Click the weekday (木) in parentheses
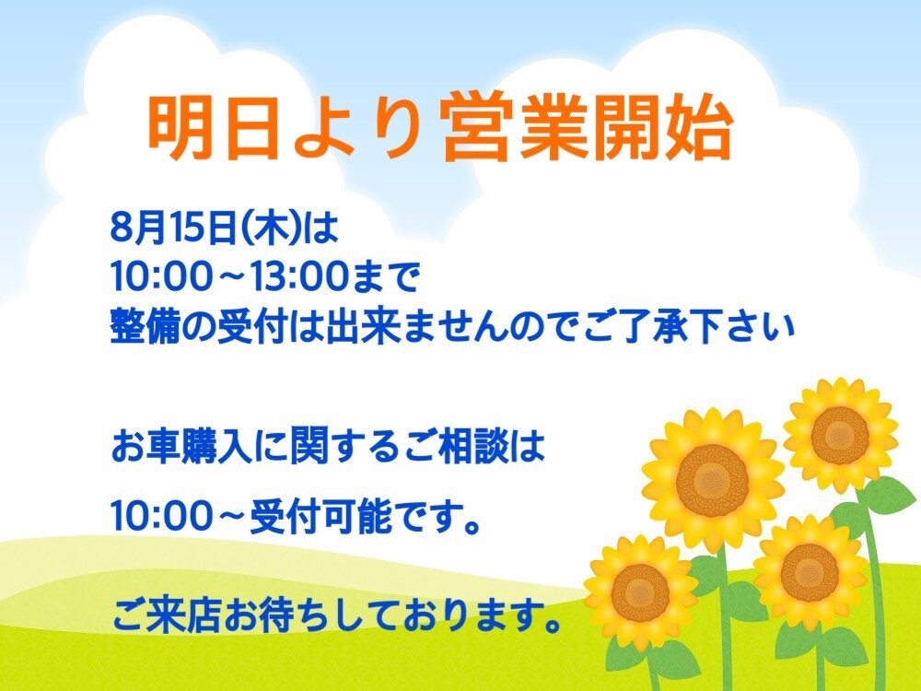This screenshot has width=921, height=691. (273, 228)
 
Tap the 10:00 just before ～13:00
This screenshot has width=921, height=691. (160, 276)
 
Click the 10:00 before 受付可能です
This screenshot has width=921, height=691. (160, 517)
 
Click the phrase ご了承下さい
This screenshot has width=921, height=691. (688, 328)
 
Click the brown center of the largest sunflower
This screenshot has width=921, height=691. (712, 480)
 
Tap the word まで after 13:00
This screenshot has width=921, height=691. (386, 276)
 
